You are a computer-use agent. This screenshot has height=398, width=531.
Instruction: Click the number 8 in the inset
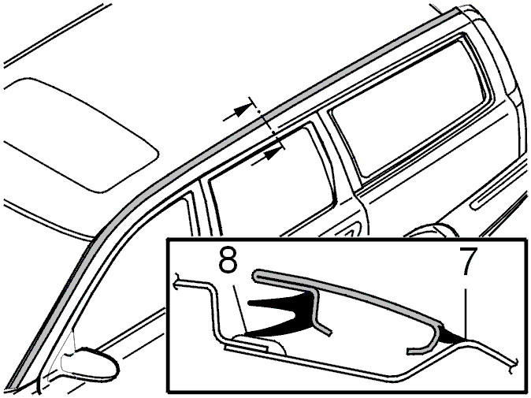point(228,262)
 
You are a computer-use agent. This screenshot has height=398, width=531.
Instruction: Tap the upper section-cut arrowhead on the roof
point(241,111)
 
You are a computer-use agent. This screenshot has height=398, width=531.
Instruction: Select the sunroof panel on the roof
point(81,136)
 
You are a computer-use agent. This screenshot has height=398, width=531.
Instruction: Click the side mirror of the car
point(90,364)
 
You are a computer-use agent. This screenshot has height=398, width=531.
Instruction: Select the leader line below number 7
point(466,311)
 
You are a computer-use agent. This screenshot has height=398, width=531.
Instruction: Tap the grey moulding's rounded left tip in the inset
point(256,274)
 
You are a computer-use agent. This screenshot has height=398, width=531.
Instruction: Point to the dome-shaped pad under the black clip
point(259,344)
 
